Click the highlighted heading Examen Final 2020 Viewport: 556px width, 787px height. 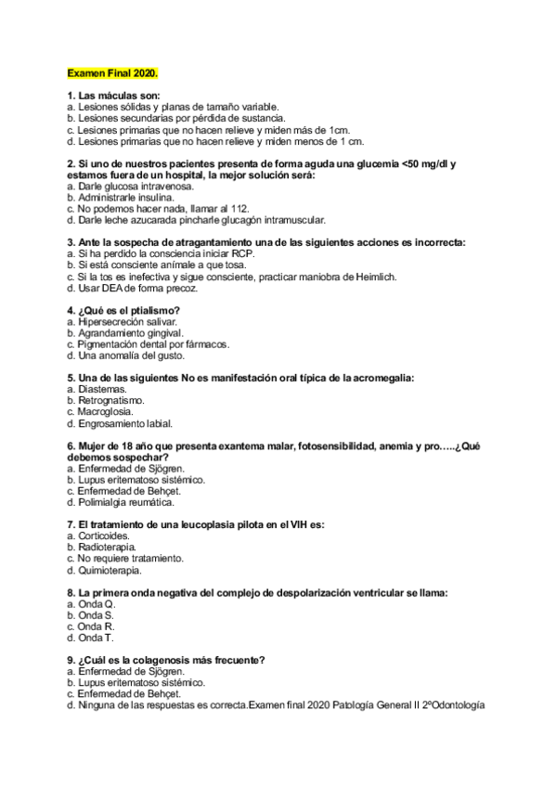[112, 72]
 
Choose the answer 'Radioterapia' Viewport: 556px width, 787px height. [107, 547]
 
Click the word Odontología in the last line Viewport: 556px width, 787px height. [454, 705]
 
